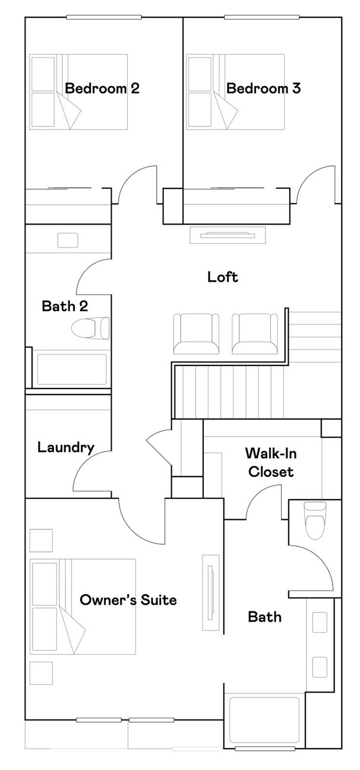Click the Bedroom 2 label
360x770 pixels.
[102, 89]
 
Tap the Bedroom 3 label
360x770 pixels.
[263, 89]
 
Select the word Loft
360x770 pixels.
[223, 276]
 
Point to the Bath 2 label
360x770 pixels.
[65, 306]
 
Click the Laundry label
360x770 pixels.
[65, 447]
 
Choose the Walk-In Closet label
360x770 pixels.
[271, 463]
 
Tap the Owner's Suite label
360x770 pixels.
[128, 599]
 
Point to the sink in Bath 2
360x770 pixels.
[67, 240]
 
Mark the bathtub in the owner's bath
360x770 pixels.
[264, 719]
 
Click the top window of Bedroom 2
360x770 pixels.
[104, 17]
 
